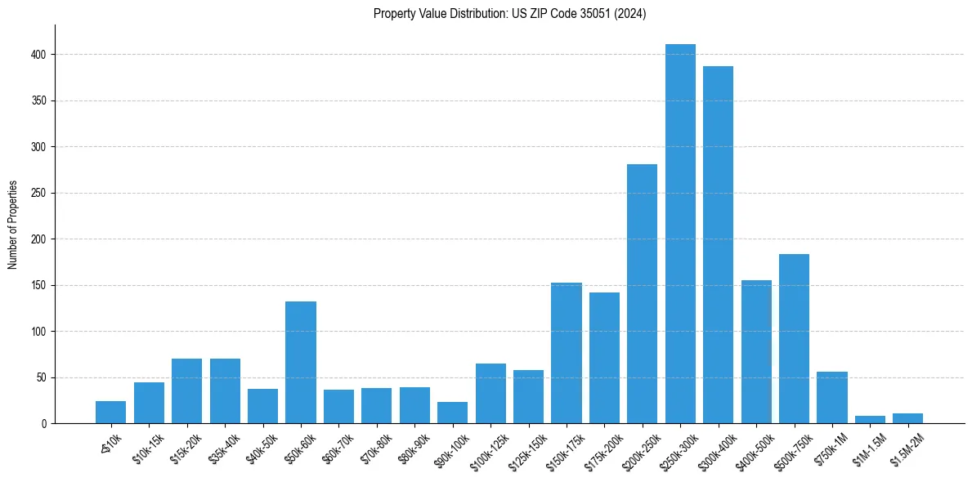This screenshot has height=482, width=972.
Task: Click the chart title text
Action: pyautogui.click(x=509, y=14)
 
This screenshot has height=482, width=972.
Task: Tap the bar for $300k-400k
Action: pyautogui.click(x=718, y=245)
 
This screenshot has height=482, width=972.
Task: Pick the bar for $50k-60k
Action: pyautogui.click(x=301, y=363)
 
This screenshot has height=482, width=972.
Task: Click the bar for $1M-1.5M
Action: pyautogui.click(x=870, y=420)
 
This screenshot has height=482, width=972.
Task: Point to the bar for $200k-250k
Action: pyautogui.click(x=642, y=294)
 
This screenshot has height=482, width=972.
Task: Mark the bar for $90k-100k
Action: pyautogui.click(x=452, y=413)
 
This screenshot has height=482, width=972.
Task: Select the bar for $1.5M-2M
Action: pyautogui.click(x=907, y=418)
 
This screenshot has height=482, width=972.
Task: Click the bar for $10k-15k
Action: pyautogui.click(x=149, y=403)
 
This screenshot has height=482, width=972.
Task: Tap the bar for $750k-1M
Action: pyautogui.click(x=831, y=398)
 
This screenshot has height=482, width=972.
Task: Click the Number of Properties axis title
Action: pyautogui.click(x=13, y=225)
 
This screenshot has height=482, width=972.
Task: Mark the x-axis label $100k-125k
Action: pyautogui.click(x=488, y=452)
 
